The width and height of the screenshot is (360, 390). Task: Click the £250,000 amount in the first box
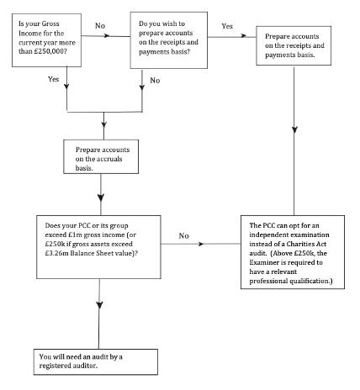(50, 51)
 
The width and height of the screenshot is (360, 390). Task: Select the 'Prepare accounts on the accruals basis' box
(101, 156)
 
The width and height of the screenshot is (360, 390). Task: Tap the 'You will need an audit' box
(96, 361)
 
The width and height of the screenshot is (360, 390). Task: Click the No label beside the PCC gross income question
(183, 236)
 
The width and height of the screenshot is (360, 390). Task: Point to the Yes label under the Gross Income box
(53, 79)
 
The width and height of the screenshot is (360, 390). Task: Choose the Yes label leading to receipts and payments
(227, 26)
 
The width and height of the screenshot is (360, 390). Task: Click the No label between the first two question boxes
(100, 26)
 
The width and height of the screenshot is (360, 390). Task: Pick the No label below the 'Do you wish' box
(155, 81)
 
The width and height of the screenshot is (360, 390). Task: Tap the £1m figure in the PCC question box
(76, 235)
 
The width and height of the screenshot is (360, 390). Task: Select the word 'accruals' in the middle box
(109, 159)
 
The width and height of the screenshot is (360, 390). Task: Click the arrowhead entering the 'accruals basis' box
(103, 124)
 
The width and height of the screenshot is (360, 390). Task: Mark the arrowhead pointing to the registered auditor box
(99, 305)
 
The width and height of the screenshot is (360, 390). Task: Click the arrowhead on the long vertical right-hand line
(294, 129)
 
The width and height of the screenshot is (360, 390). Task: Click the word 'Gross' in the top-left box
(50, 24)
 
